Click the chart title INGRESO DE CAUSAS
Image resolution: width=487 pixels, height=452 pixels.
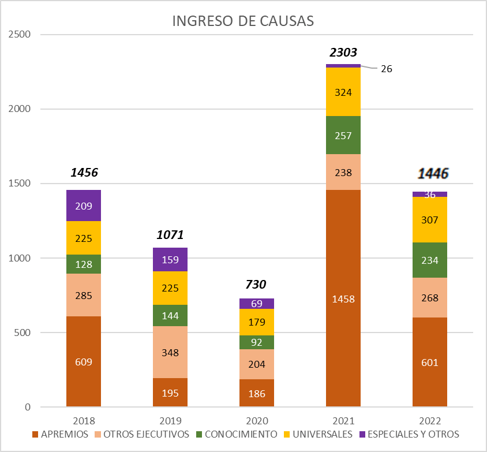(243, 21)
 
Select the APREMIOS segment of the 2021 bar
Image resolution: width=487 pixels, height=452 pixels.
(343, 323)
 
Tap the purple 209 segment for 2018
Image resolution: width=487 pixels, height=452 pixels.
(84, 206)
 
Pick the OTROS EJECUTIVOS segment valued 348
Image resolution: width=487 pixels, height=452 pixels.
(170, 352)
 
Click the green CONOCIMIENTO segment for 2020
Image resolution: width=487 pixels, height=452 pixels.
(257, 342)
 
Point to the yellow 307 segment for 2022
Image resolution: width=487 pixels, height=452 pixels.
(430, 220)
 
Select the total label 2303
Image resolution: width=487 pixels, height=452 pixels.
(343, 53)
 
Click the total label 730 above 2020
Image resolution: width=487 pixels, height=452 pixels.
(257, 285)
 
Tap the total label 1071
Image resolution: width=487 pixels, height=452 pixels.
(170, 235)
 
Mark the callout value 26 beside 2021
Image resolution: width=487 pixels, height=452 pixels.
(386, 69)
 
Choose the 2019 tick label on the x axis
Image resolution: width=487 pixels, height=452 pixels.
(170, 420)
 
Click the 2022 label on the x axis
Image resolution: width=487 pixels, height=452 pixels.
(430, 420)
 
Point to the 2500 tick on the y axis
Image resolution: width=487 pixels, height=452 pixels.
(20, 35)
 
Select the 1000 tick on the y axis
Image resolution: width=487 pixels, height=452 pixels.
(20, 258)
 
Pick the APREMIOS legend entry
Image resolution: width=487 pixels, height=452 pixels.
(60, 434)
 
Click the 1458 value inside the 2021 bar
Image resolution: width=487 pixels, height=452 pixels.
(343, 299)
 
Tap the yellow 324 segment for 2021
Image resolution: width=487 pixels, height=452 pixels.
(343, 92)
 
